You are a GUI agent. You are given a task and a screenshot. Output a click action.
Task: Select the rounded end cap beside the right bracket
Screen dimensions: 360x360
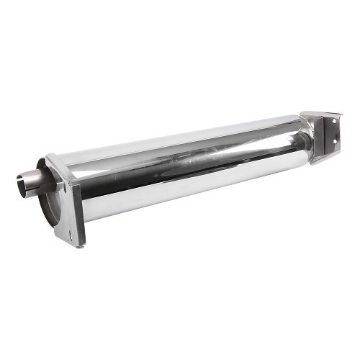[307, 137]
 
